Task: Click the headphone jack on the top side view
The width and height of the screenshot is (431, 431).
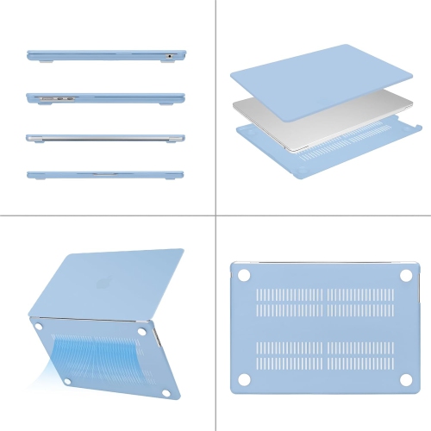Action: click(x=170, y=56)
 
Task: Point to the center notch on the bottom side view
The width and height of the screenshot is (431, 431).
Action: click(x=104, y=174)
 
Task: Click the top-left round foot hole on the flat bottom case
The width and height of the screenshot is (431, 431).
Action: click(x=242, y=275)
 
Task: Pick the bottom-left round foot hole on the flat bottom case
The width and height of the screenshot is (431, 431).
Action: click(x=242, y=380)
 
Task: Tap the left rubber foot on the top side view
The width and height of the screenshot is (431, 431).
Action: click(x=42, y=61)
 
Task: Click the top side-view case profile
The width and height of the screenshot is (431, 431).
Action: click(x=103, y=55)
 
